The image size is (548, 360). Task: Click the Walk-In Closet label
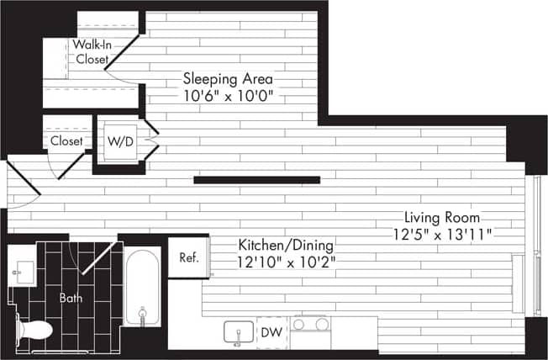[x=92, y=51]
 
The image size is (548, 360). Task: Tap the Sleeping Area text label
[x=229, y=79]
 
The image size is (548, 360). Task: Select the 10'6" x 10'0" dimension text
[x=229, y=96]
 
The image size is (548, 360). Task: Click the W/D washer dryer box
[x=119, y=141]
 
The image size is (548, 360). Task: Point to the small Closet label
[x=67, y=141]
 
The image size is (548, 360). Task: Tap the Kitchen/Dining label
[x=286, y=245]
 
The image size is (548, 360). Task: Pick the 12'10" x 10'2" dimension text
[x=286, y=262]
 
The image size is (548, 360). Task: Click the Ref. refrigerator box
[x=188, y=258]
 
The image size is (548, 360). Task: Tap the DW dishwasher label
[x=271, y=332]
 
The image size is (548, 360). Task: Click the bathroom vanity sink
[x=23, y=273]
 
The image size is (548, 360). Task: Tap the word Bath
[x=71, y=298]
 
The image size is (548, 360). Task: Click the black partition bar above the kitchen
[x=256, y=179]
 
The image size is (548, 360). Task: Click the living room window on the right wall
[x=530, y=244]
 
